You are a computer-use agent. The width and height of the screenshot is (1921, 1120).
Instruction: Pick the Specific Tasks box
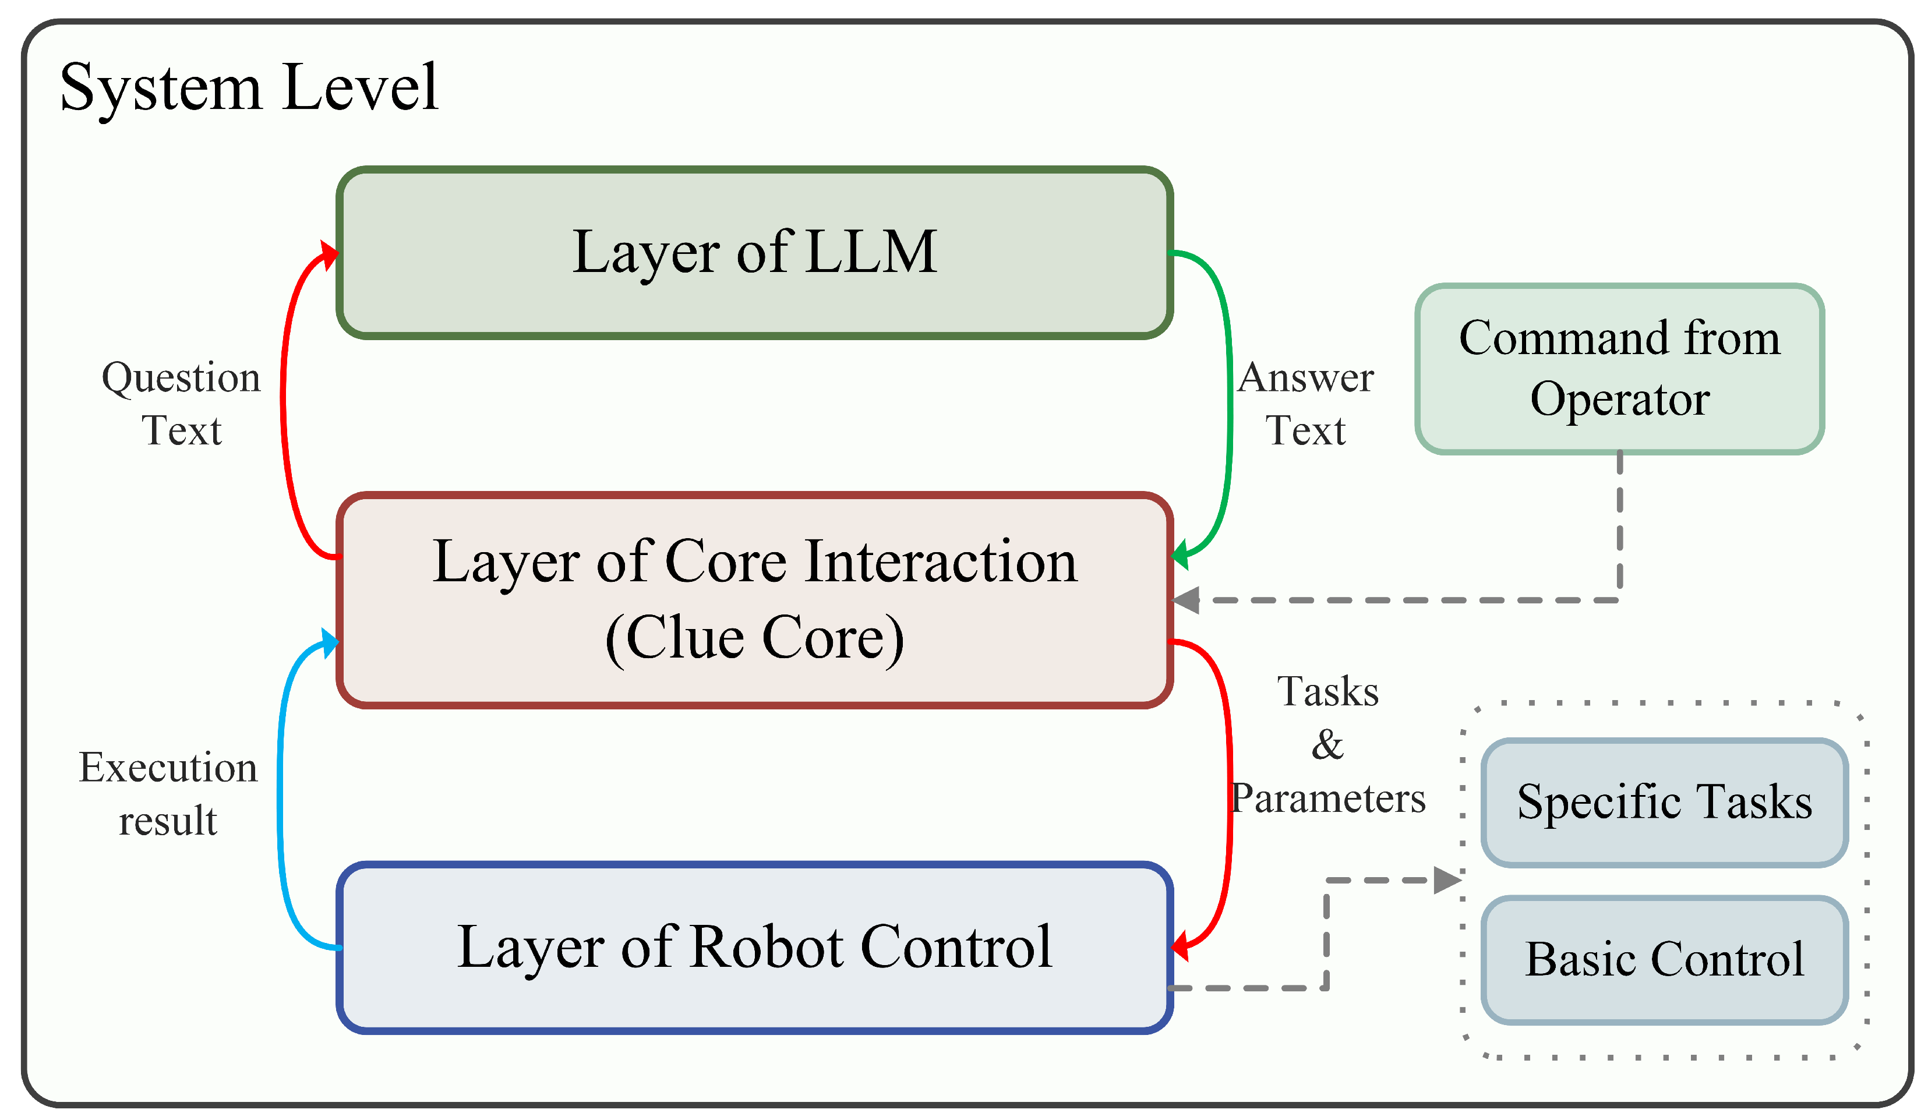point(1664,802)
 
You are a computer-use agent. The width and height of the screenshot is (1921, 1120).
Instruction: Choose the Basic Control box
point(1664,959)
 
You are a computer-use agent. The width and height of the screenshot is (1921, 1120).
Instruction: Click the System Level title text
point(249,88)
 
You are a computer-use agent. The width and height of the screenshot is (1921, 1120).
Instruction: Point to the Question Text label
point(181,403)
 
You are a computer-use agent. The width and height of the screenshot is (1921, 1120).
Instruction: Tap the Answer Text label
point(1305,403)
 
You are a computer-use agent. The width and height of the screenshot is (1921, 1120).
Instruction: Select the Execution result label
point(168,794)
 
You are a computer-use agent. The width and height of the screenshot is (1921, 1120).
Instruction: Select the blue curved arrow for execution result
point(281,793)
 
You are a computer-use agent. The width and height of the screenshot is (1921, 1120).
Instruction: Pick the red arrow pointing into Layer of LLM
point(284,397)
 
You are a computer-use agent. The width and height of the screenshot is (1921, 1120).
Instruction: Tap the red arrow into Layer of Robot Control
point(1230,793)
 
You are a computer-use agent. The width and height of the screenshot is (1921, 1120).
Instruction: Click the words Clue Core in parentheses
point(755,637)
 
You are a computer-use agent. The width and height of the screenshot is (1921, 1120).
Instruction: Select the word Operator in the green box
point(1619,400)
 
